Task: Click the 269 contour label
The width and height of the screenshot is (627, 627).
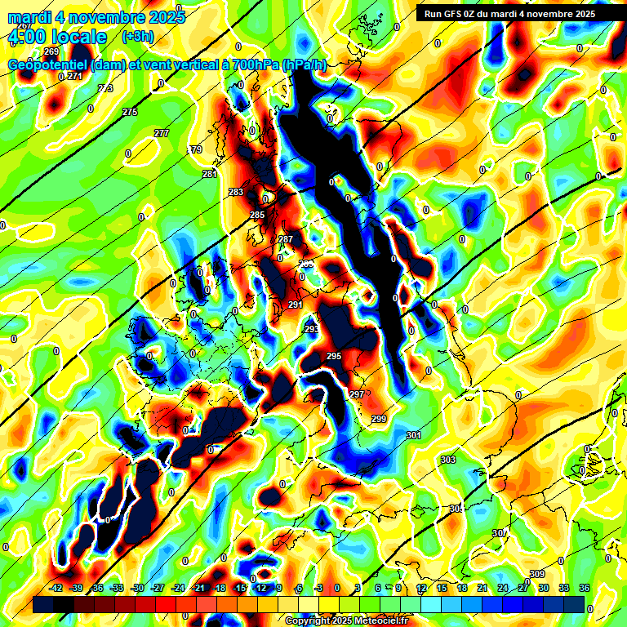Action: [x=51, y=51]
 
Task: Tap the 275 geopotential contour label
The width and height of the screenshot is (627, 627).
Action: [x=130, y=112]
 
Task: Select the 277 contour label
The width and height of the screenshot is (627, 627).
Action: [x=162, y=133]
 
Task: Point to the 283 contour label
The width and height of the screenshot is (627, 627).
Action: [x=236, y=192]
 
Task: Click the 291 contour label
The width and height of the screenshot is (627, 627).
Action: [x=296, y=305]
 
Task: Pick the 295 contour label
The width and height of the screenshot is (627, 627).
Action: [x=334, y=357]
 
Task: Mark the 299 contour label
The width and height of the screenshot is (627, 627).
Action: [x=379, y=419]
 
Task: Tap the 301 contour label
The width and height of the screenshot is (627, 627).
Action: [x=414, y=435]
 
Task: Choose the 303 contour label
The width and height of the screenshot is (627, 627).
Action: [x=448, y=460]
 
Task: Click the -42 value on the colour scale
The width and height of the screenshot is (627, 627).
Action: [x=56, y=588]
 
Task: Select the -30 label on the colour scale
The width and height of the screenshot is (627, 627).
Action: [x=137, y=588]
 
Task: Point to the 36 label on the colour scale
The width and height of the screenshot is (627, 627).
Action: [x=585, y=588]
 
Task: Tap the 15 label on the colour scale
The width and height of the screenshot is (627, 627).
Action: [x=442, y=588]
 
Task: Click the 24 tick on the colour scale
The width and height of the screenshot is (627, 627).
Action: [x=503, y=588]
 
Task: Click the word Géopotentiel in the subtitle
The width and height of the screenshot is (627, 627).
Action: [x=48, y=66]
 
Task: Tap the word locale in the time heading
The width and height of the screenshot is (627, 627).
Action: [x=78, y=37]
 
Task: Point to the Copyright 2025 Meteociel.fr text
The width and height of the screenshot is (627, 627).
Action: [x=347, y=620]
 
